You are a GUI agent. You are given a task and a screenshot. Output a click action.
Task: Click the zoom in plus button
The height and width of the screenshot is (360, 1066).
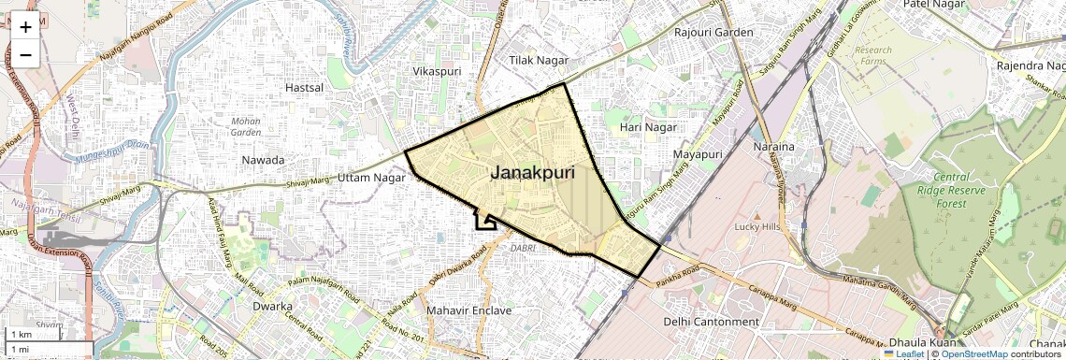coord(25,26)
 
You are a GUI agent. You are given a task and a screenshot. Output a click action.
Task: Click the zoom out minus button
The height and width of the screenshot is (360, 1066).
coord(25,54)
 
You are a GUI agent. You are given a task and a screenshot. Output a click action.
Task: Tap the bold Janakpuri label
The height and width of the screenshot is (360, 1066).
coord(532,173)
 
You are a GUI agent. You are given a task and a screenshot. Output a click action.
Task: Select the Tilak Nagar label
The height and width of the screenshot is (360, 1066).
coord(539,60)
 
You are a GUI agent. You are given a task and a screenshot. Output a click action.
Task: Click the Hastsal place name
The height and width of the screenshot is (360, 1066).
coord(304,88)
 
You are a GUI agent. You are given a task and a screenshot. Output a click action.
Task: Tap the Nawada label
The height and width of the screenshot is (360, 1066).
coord(263,160)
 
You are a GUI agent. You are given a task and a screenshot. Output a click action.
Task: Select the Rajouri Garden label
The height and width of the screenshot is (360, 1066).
coord(713,33)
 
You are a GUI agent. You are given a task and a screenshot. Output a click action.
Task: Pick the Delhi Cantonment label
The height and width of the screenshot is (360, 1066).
coord(711,322)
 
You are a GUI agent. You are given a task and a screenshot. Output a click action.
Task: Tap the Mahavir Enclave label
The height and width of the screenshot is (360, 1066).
coord(468,310)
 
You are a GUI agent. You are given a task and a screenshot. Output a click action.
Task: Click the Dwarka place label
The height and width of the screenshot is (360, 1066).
coord(273,306)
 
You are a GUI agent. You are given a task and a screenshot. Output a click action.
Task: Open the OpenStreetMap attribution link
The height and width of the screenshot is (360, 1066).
coord(974,354)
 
